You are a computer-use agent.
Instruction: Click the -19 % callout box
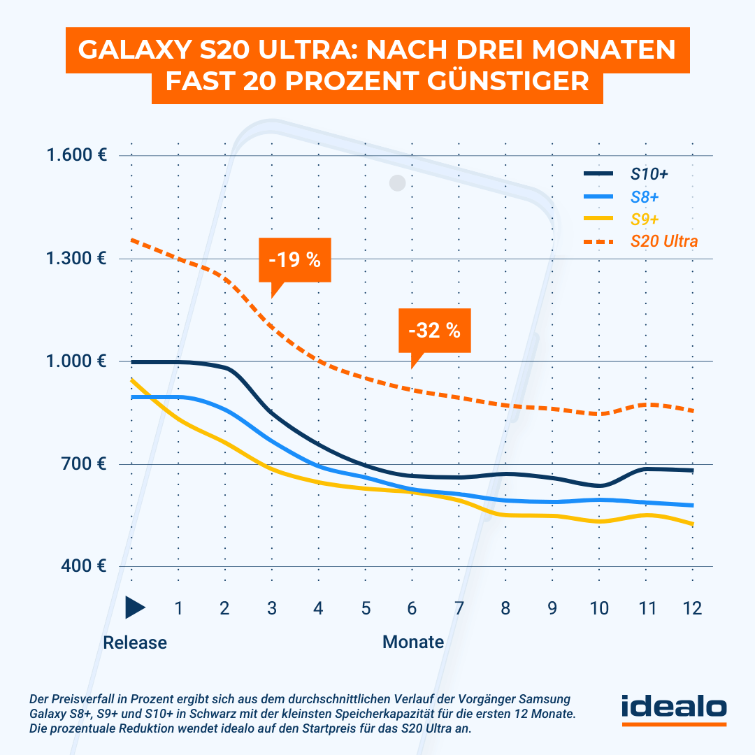point(294,261)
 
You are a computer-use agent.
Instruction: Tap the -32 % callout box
point(434,331)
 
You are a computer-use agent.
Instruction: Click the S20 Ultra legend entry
point(663,241)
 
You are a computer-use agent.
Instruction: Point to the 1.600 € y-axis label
point(76,154)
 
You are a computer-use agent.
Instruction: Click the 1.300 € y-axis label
point(76,258)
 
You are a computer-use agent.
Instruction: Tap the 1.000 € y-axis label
point(76,361)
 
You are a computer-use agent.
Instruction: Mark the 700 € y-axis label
point(82,463)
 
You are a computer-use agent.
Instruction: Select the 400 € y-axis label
point(82,566)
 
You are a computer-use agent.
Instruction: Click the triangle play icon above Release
point(134,608)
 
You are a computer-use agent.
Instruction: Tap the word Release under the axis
point(135,642)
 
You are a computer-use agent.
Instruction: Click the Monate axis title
point(413,642)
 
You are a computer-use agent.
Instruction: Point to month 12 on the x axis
point(692,608)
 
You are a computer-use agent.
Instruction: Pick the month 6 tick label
point(412,608)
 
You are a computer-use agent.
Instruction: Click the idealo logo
point(674,708)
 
